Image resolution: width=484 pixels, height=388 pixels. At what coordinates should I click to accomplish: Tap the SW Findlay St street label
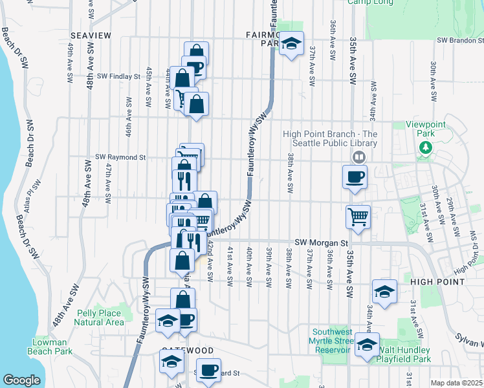pos(118,76)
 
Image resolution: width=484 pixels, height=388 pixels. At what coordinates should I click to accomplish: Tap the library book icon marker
pos(358,156)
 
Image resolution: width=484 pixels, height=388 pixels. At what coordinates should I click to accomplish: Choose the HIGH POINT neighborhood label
pos(437,283)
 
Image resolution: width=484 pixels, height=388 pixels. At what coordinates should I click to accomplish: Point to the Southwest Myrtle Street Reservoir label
pos(331,340)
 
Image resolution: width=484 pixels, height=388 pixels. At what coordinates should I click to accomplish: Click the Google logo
pos(21,380)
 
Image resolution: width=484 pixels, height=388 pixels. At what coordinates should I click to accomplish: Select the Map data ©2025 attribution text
pos(456,383)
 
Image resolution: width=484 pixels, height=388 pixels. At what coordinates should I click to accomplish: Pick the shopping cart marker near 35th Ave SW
pos(358,217)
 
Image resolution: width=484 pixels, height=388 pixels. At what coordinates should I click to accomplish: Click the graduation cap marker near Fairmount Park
pos(292,43)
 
